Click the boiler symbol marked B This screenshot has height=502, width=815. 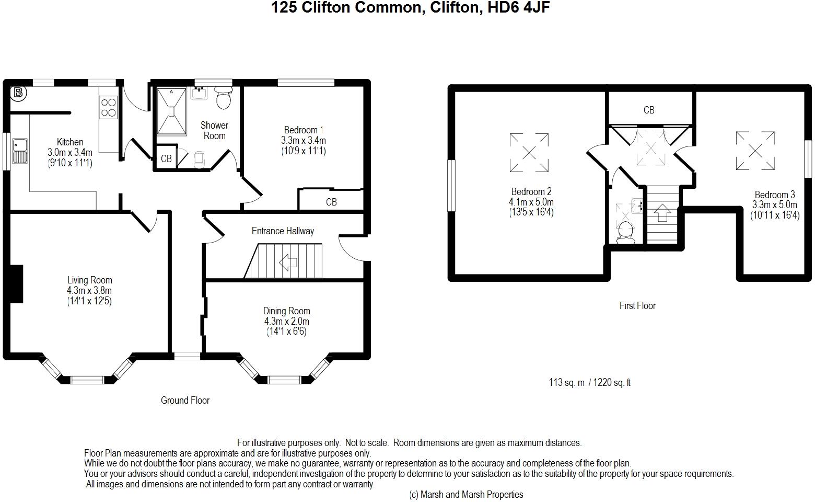pos(19,93)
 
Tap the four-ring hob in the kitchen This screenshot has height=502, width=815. pos(109,108)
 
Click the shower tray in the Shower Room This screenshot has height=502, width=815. pos(171,111)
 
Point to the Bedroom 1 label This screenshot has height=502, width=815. pos(304,130)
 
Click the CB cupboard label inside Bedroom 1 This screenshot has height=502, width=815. pos(331,202)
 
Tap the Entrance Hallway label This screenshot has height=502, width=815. pos(283,231)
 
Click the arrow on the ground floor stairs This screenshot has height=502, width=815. pos(288,262)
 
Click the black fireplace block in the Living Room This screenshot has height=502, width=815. pos(16,284)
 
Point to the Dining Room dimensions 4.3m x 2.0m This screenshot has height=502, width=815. pos(287,321)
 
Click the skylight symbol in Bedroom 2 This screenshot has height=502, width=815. pos(529,153)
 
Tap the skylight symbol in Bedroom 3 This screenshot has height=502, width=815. pos(755,151)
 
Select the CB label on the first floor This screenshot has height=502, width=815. pos(649,110)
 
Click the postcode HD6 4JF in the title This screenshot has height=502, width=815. pos(518,7)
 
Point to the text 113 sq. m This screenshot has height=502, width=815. pos(566,382)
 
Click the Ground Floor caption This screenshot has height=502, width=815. pos(185,401)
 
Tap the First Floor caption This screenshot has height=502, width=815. pos(637,305)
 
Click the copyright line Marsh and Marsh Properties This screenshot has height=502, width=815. pos(467,494)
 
